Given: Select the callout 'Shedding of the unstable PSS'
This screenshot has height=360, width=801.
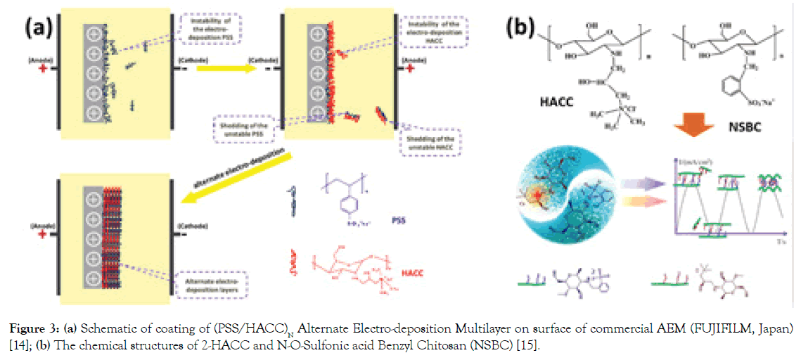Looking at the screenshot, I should (245, 129).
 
